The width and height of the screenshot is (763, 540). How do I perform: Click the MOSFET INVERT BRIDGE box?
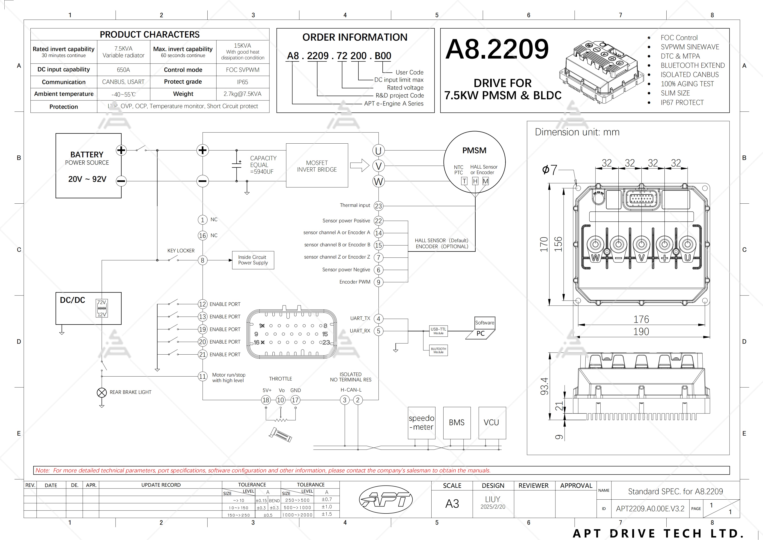point(317,166)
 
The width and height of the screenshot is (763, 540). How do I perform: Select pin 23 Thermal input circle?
point(378,206)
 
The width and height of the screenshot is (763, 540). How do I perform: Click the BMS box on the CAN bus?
point(457,422)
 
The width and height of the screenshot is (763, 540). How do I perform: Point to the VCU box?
point(492,422)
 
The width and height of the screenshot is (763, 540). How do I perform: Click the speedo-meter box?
point(421,422)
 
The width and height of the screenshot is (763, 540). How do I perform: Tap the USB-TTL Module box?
point(438,331)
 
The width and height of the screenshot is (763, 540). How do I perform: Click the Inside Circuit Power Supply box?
point(253,260)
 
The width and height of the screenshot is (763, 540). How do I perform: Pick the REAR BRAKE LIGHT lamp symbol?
point(102,393)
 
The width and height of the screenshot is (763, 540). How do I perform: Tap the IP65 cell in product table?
point(243,82)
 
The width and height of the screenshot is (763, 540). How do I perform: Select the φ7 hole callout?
point(549,170)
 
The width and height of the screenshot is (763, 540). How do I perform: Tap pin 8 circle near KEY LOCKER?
point(202,260)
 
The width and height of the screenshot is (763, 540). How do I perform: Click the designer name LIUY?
point(492,499)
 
